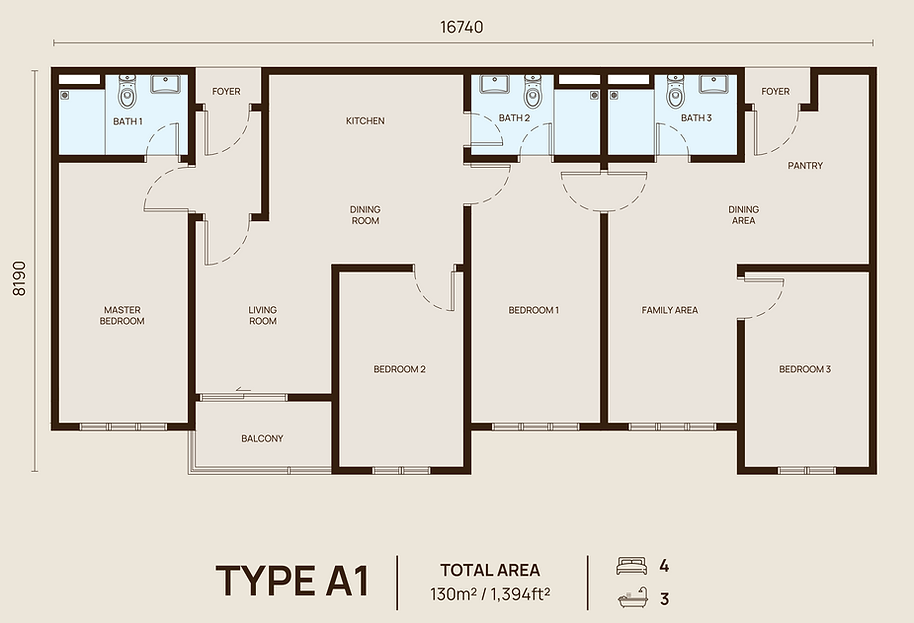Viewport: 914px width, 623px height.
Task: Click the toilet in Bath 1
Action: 127,91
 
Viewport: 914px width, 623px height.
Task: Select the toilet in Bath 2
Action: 532,91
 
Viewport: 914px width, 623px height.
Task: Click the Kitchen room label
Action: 365,121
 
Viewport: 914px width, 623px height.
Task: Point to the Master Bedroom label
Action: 122,315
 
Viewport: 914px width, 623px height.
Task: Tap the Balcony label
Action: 262,438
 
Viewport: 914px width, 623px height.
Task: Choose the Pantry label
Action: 805,166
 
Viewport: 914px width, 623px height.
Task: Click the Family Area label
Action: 670,310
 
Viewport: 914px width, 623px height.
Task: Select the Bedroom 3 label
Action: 805,369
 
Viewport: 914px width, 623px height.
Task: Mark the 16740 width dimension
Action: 462,27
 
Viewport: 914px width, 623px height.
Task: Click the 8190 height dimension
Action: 20,278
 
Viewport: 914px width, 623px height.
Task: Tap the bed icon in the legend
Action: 631,565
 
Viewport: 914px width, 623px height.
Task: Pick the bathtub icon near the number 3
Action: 632,598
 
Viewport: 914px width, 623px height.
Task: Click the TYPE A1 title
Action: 293,581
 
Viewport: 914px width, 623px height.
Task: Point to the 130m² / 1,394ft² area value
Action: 490,594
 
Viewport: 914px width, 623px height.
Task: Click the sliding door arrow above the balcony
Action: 243,390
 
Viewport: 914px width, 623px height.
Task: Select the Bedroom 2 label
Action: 399,369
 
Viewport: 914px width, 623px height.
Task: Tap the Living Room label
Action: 263,315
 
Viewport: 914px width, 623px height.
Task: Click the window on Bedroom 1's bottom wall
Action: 535,427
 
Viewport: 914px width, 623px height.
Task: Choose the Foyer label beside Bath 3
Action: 775,91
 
